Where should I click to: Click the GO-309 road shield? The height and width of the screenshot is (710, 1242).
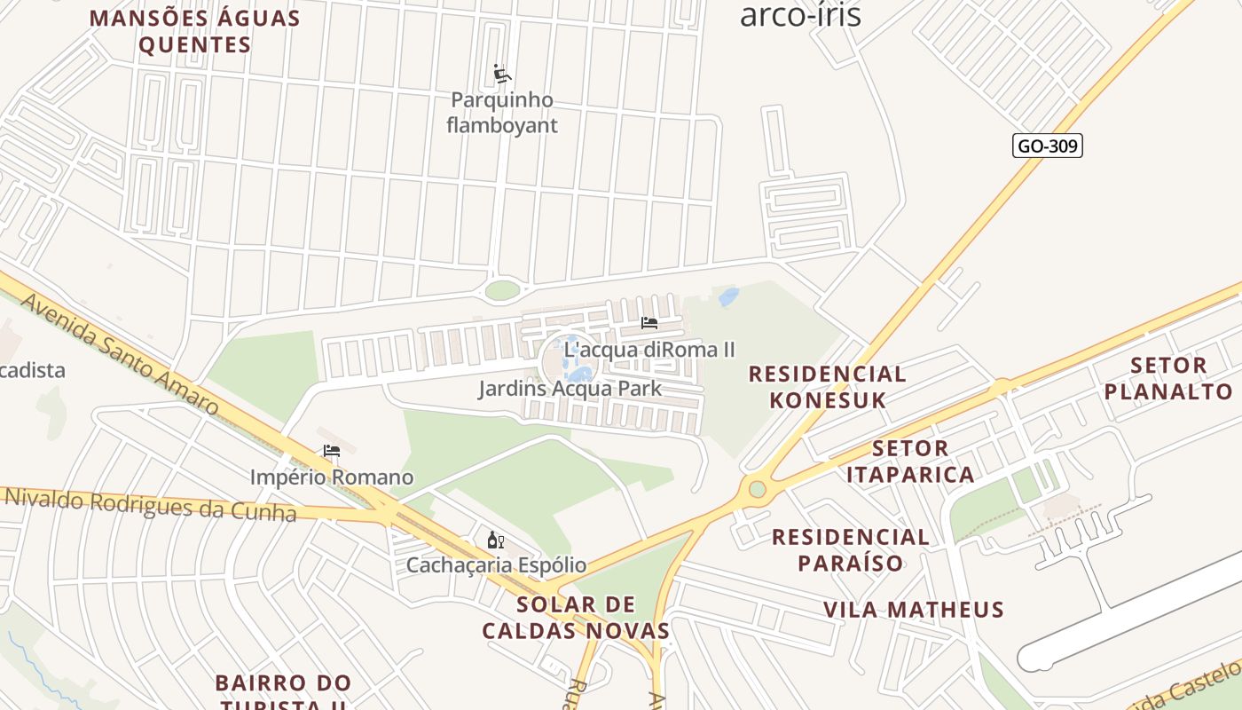pyautogui.click(x=1047, y=146)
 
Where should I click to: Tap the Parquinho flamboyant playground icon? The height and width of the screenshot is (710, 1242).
pyautogui.click(x=502, y=74)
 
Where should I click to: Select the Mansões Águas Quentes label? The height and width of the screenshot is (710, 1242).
pyautogui.click(x=195, y=31)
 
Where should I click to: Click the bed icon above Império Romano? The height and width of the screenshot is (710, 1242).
pyautogui.click(x=332, y=451)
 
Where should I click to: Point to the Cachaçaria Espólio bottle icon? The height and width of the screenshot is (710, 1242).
pyautogui.click(x=496, y=540)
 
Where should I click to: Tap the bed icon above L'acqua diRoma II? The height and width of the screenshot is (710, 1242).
pyautogui.click(x=649, y=323)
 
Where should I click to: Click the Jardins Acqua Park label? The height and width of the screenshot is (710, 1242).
pyautogui.click(x=570, y=389)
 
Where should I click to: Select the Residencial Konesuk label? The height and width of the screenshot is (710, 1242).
pyautogui.click(x=827, y=387)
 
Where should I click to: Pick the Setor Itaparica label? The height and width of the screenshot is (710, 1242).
pyautogui.click(x=910, y=461)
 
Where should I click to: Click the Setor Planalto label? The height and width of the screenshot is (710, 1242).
pyautogui.click(x=1168, y=378)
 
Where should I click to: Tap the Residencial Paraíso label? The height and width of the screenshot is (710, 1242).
pyautogui.click(x=850, y=549)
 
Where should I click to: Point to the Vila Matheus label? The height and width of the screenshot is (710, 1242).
pyautogui.click(x=913, y=610)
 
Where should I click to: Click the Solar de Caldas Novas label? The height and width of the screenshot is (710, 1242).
pyautogui.click(x=576, y=618)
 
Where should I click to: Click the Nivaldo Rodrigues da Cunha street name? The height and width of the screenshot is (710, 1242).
pyautogui.click(x=151, y=504)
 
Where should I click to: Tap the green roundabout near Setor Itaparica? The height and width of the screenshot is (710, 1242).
pyautogui.click(x=757, y=489)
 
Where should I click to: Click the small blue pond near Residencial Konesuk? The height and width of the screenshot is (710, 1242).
pyautogui.click(x=728, y=296)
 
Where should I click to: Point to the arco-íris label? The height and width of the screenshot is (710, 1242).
pyautogui.click(x=800, y=15)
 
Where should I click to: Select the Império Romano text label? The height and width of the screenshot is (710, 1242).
pyautogui.click(x=332, y=477)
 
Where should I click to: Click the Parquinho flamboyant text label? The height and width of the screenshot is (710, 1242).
pyautogui.click(x=502, y=113)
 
